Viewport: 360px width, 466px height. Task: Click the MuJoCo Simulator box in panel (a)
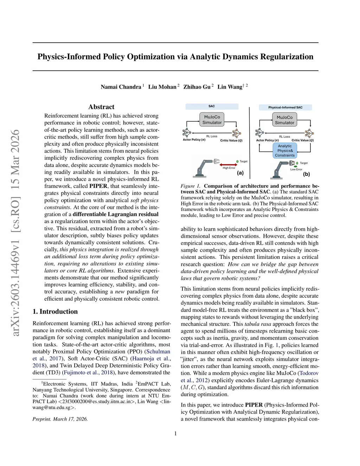(x=212, y=120)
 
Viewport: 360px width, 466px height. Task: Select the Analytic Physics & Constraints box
(x=285, y=151)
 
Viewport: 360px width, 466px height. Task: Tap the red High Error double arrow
(x=229, y=164)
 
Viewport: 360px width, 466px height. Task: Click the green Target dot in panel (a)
(x=237, y=161)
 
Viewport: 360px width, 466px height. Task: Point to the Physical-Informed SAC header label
(x=285, y=107)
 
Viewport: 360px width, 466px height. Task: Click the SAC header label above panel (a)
(x=212, y=106)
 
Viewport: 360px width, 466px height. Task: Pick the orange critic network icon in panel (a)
(x=236, y=133)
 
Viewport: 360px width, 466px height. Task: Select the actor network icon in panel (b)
(x=259, y=133)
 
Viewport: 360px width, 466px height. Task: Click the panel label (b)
(x=306, y=174)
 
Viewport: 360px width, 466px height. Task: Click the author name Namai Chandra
(x=121, y=87)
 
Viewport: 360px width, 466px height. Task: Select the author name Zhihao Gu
(x=197, y=87)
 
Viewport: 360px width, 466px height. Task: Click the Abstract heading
(x=101, y=107)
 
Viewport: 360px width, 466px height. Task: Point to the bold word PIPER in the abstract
(x=98, y=186)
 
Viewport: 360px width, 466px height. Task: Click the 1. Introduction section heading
(x=55, y=312)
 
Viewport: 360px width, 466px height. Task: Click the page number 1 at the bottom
(x=175, y=434)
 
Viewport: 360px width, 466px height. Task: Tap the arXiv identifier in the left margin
(x=15, y=232)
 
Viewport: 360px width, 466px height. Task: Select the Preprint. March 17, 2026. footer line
(x=60, y=419)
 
